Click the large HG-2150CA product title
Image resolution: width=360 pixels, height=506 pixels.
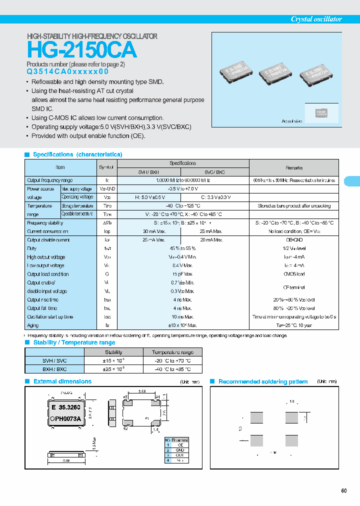(x=81, y=50)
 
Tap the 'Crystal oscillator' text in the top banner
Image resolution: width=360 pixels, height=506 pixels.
(x=316, y=19)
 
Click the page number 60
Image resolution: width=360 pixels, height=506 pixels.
(x=344, y=490)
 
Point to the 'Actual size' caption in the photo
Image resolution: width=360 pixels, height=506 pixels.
(x=291, y=121)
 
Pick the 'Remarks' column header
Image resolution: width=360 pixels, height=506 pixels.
(x=293, y=168)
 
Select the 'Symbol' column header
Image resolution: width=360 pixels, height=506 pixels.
(x=106, y=167)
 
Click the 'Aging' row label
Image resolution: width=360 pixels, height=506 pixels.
(x=32, y=325)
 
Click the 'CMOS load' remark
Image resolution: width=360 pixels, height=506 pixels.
(x=293, y=274)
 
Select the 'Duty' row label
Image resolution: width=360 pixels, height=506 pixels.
(x=31, y=248)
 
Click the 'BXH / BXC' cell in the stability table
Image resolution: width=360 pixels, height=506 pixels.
(x=55, y=369)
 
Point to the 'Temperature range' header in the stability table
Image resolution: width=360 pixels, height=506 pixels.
(x=172, y=352)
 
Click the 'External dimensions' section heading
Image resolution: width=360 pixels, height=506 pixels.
(x=62, y=381)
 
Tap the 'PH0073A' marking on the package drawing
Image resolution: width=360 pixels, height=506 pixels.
(x=71, y=418)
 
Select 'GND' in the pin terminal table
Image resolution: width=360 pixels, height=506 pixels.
(x=179, y=450)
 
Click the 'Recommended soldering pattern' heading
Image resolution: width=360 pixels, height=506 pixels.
(x=263, y=382)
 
